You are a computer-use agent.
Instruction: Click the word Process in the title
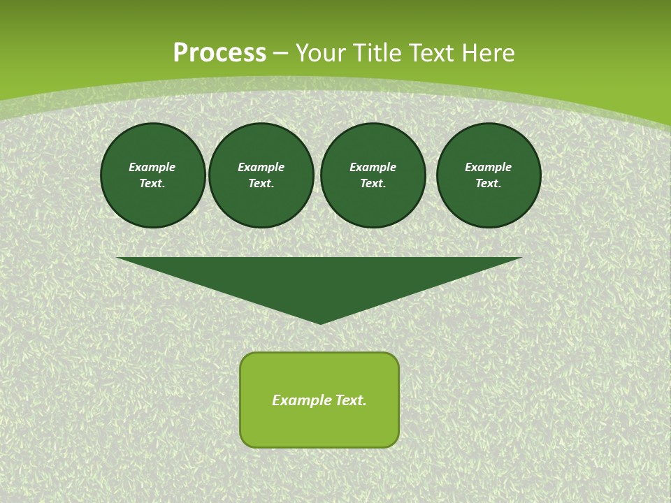coord(219,53)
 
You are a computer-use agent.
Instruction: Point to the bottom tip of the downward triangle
coord(320,322)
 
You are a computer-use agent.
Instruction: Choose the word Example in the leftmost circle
coord(152,167)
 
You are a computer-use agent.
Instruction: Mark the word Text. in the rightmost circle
coord(489,184)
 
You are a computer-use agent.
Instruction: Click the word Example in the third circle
coord(373,167)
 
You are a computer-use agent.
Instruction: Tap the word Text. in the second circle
coord(261,184)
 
